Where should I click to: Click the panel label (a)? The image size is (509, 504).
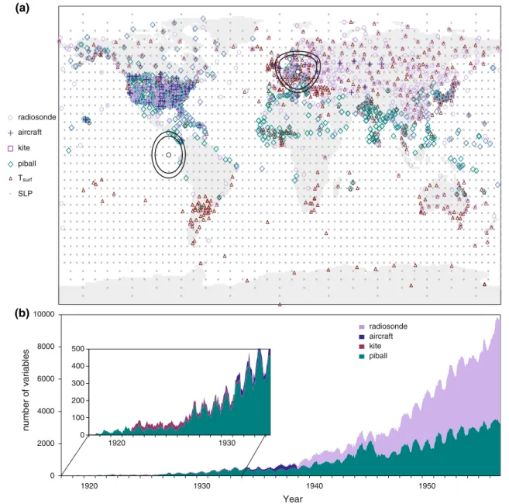[22, 8]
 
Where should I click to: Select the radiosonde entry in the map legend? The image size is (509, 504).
[32, 117]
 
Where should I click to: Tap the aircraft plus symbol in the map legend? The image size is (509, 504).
[10, 133]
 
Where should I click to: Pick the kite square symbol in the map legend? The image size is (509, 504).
[10, 148]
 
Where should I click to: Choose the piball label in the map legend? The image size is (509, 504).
[27, 164]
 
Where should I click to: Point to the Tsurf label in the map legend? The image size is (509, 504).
[25, 178]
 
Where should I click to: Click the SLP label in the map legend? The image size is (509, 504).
[26, 194]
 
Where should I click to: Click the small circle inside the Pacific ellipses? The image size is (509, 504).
[168, 155]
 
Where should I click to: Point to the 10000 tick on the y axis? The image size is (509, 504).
[44, 314]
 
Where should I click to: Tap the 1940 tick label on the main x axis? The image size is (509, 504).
[315, 486]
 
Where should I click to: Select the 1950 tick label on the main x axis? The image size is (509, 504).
[427, 486]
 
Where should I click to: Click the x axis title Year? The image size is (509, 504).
[293, 499]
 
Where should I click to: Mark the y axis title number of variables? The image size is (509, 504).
[26, 390]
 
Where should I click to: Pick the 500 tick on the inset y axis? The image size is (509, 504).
[78, 349]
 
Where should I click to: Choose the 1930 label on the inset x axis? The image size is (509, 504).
[227, 443]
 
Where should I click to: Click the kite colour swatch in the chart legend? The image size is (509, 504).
[362, 347]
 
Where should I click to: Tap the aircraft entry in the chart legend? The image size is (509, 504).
[376, 337]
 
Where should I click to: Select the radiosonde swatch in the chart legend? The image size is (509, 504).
[362, 326]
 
